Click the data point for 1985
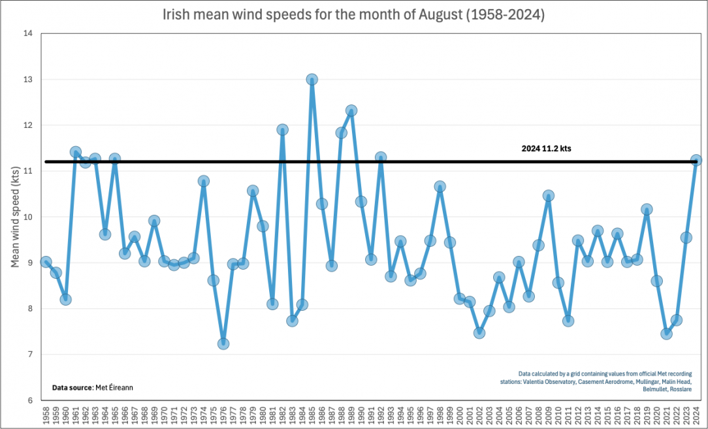click(x=312, y=80)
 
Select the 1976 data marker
click(x=223, y=343)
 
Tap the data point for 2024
click(x=696, y=160)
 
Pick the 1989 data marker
click(x=351, y=111)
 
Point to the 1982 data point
click(x=282, y=129)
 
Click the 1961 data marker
click(x=76, y=152)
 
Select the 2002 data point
click(x=479, y=332)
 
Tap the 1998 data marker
click(x=440, y=187)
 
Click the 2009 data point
click(x=549, y=196)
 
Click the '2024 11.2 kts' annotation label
click(x=547, y=148)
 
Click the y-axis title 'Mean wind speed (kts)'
click(x=14, y=217)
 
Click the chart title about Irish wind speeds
click(x=353, y=14)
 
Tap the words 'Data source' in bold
click(x=72, y=388)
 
